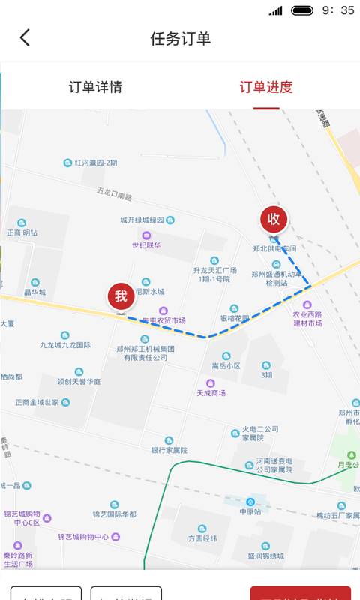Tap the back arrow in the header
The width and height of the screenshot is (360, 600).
(25, 38)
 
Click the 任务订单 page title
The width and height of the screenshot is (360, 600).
(180, 39)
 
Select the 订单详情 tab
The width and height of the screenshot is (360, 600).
(95, 87)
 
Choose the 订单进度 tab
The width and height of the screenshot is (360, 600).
(266, 87)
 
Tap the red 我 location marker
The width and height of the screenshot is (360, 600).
(121, 297)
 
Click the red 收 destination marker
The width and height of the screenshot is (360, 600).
(274, 219)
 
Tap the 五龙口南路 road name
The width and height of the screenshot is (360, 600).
(114, 196)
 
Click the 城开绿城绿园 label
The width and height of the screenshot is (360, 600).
(147, 220)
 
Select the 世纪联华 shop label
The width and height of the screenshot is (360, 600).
(147, 245)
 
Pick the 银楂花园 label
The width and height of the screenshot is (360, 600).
(234, 318)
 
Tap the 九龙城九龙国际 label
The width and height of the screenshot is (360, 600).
(66, 346)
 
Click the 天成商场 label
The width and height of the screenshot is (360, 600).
(211, 392)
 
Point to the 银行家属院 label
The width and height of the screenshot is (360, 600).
(169, 450)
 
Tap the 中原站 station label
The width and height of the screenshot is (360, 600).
(250, 512)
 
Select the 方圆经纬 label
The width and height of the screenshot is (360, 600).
(202, 538)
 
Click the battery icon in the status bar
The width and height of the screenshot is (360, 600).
(302, 10)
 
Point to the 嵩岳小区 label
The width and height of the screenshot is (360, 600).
(225, 366)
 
